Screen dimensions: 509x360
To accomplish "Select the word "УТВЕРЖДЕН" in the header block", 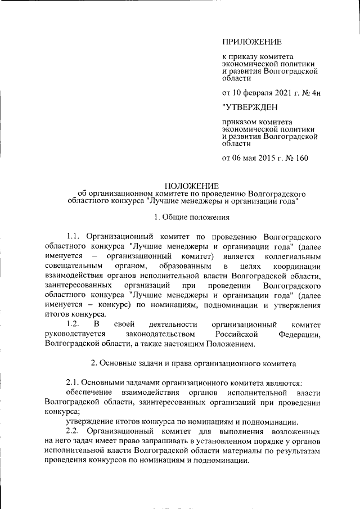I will click(x=250, y=106).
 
